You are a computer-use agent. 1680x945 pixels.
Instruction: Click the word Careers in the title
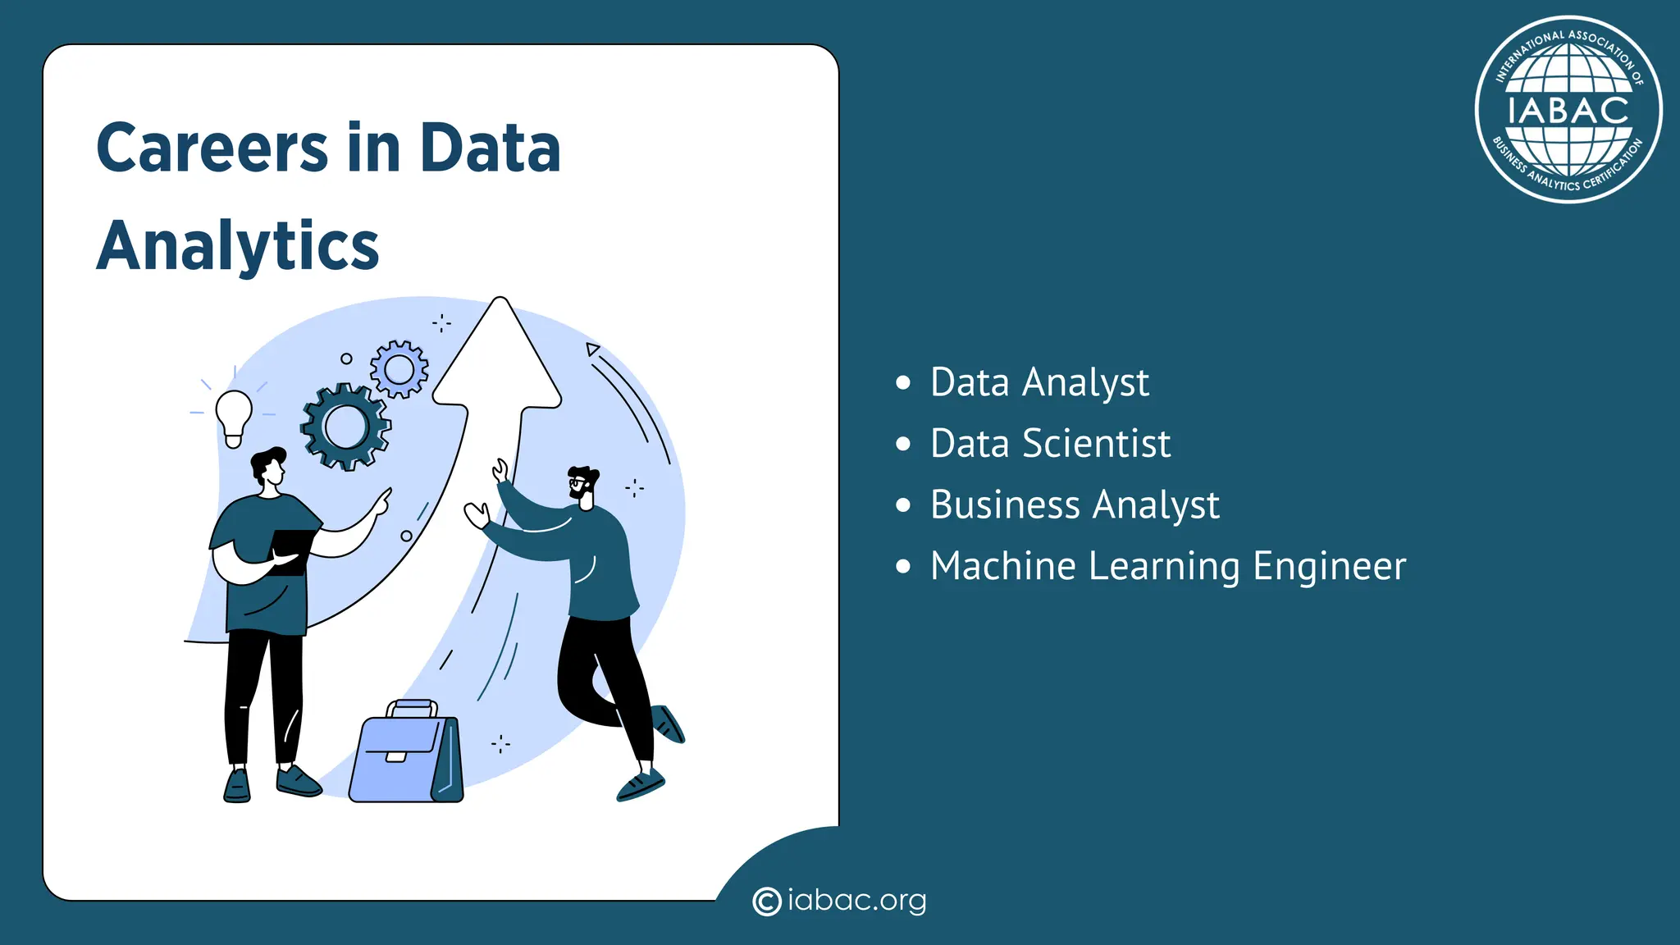[212, 148]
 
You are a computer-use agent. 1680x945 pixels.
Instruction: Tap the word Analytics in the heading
[238, 246]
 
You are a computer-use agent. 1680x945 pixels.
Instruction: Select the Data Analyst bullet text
[1039, 383]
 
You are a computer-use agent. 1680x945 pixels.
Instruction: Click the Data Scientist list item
[1050, 444]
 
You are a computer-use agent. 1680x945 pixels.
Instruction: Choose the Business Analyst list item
[1075, 504]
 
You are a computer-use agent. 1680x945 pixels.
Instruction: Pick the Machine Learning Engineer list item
[1168, 566]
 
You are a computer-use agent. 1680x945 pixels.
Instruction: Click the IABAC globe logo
[1568, 110]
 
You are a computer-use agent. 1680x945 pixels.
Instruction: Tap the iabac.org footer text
[856, 901]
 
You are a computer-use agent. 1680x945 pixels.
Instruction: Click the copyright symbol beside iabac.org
[766, 902]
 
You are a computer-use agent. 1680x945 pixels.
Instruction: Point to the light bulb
[234, 414]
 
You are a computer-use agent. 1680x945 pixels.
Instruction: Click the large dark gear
[346, 427]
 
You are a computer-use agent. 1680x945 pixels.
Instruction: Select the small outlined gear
[399, 370]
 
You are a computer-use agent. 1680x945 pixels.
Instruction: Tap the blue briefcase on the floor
[405, 760]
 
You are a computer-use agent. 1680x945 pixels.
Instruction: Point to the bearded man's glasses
[579, 482]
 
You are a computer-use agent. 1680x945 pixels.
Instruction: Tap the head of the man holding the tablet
[269, 468]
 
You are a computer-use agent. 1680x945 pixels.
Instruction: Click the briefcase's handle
[411, 707]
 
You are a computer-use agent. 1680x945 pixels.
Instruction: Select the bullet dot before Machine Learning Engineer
[903, 566]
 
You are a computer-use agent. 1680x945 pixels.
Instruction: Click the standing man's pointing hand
[382, 500]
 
